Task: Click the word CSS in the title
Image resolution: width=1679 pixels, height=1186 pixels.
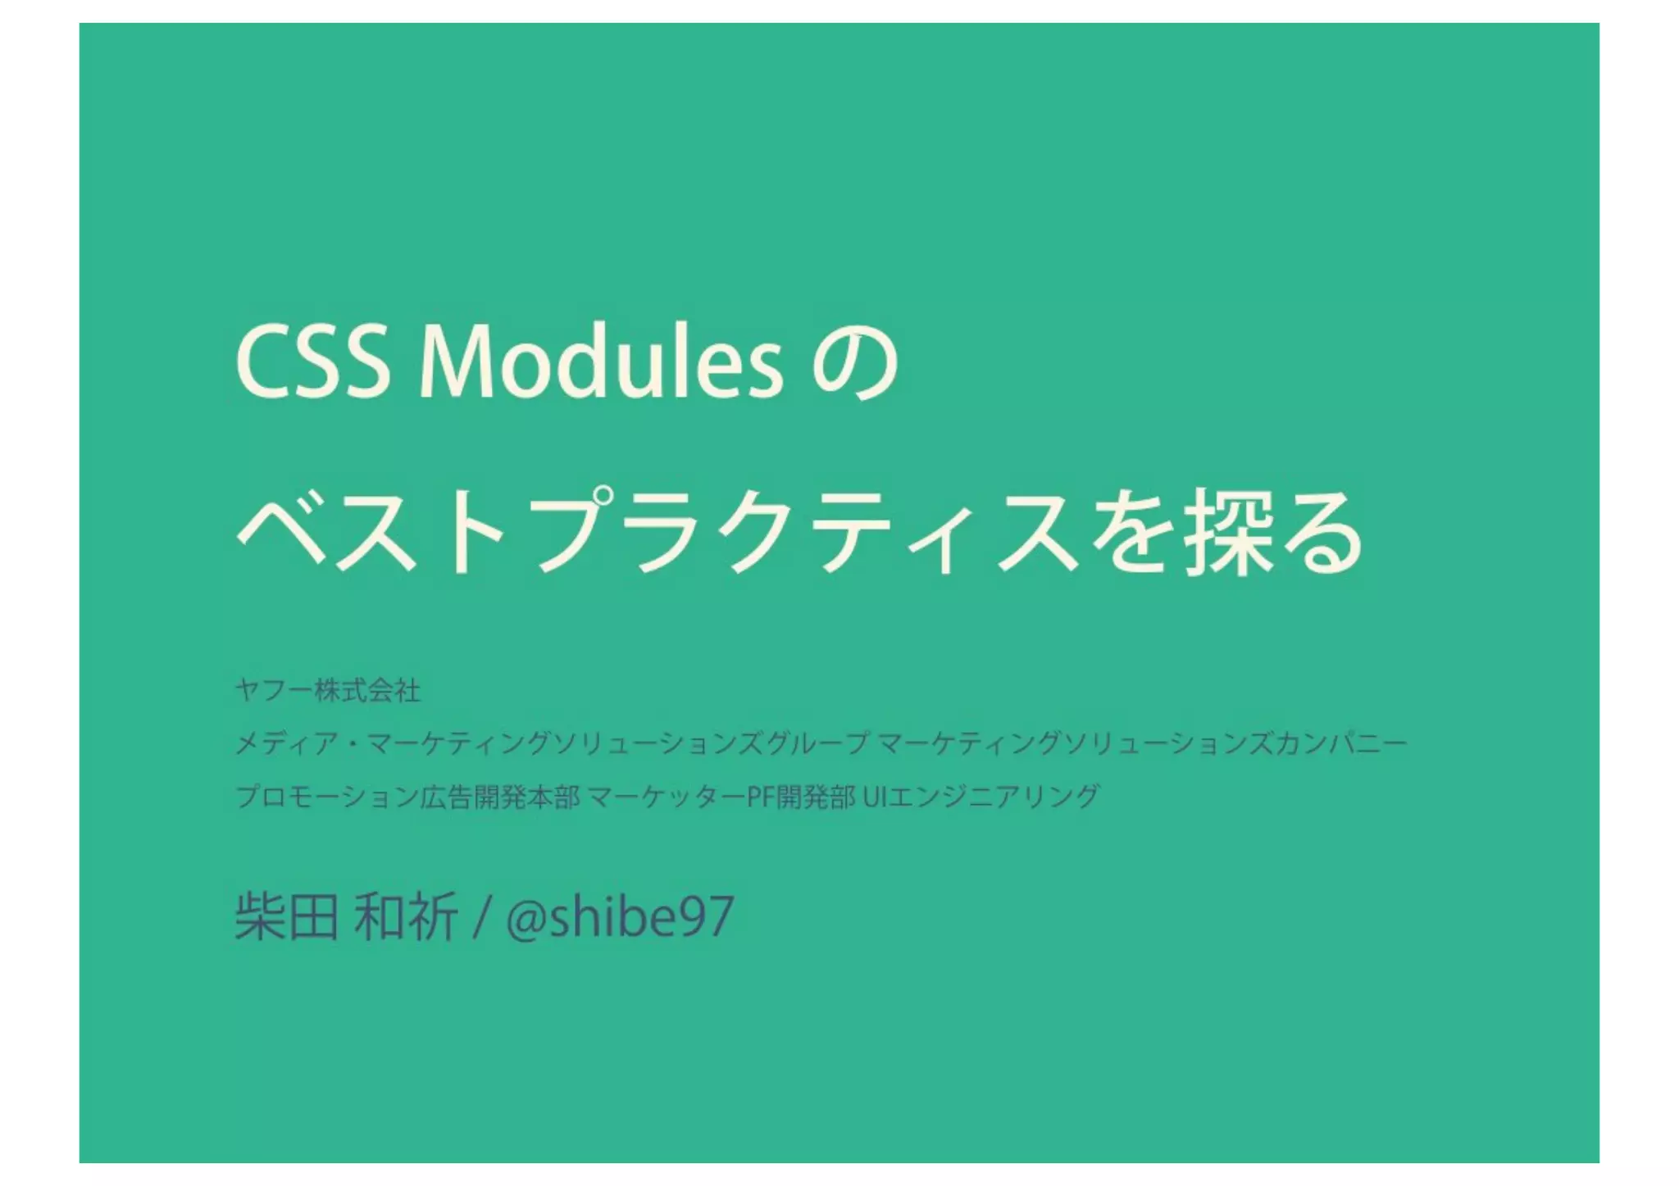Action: (312, 363)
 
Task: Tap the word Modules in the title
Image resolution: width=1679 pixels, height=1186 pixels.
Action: (601, 363)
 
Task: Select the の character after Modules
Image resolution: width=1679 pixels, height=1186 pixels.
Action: (855, 365)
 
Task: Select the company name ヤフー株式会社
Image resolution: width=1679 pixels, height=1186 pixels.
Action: (328, 691)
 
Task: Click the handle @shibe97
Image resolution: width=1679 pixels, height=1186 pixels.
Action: (620, 917)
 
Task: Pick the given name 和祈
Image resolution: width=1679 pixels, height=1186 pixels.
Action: (406, 917)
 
